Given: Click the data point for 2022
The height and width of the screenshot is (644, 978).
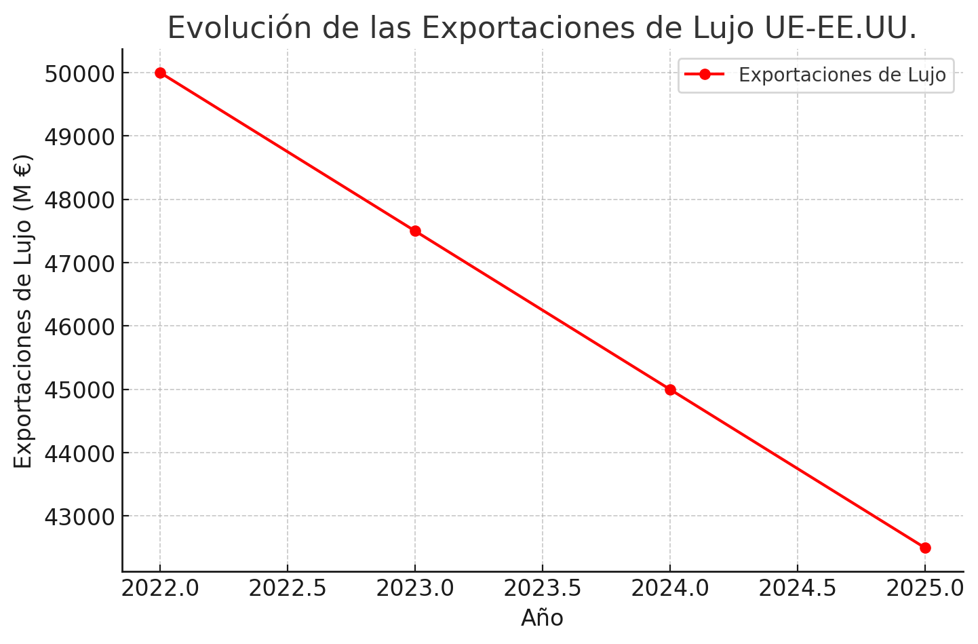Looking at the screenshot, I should tap(160, 73).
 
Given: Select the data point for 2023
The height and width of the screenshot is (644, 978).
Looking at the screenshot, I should tap(415, 231).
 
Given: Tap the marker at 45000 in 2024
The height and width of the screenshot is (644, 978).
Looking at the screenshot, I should tap(670, 390).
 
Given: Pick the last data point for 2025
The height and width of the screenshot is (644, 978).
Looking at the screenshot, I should tap(925, 548).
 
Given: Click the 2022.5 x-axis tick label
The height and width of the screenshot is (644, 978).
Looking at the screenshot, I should tap(288, 588).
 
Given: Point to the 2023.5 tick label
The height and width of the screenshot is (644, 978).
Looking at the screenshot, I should tap(543, 588).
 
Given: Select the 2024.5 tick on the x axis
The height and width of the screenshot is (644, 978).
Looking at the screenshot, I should tap(798, 588).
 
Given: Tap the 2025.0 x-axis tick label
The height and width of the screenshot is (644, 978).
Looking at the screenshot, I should tap(925, 588).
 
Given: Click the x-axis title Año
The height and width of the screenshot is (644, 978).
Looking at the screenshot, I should tap(542, 618).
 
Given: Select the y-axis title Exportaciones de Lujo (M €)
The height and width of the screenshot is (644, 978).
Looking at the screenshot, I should tap(23, 311).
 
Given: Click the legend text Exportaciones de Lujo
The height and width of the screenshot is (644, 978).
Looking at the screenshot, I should tap(842, 75).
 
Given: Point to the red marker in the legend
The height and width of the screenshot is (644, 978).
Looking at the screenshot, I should tap(705, 74).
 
